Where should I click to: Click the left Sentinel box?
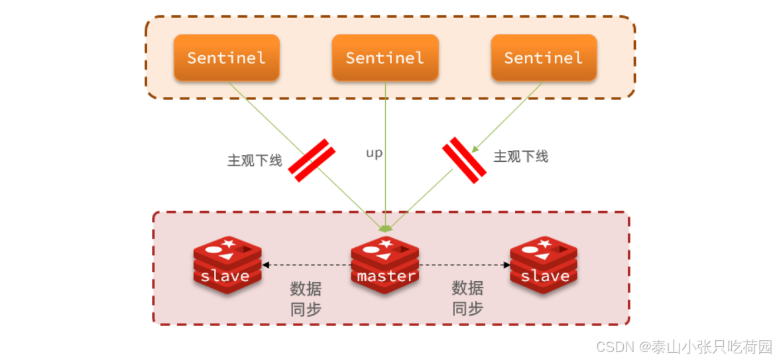click(x=226, y=58)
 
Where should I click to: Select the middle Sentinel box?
click(x=385, y=58)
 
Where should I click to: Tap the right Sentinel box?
click(x=544, y=58)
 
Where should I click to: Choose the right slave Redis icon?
click(x=544, y=265)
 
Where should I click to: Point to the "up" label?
click(x=375, y=153)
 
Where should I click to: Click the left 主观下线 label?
click(x=255, y=160)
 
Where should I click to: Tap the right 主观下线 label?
click(x=521, y=156)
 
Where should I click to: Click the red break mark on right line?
click(x=464, y=160)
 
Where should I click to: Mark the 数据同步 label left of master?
click(x=306, y=298)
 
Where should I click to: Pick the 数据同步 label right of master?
click(x=467, y=298)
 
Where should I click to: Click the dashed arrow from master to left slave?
click(x=306, y=265)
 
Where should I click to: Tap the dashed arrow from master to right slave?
click(x=464, y=265)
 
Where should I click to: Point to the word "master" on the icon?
click(x=386, y=276)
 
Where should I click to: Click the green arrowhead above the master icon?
click(x=385, y=228)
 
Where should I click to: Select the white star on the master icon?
click(x=386, y=243)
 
